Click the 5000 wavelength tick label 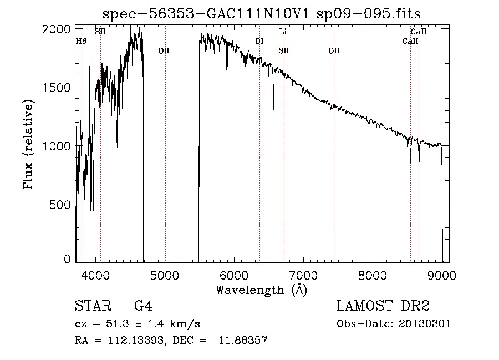(165, 274)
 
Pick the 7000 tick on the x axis (303, 274)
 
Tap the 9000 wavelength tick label (442, 274)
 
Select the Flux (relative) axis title (28, 144)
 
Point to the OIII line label (165, 51)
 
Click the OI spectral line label (259, 41)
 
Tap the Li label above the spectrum (283, 32)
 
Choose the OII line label (334, 51)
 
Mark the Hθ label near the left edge (81, 41)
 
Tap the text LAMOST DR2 (383, 306)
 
